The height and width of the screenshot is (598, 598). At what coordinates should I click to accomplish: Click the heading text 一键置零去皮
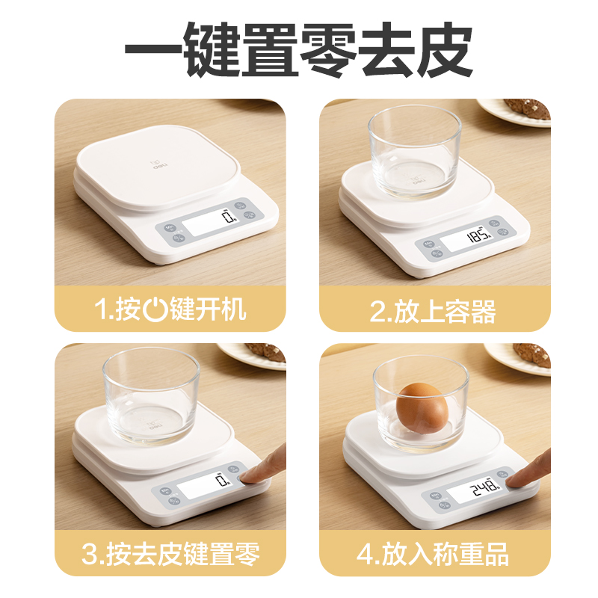point(299,51)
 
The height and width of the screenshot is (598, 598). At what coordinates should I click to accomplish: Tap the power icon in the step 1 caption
point(154,309)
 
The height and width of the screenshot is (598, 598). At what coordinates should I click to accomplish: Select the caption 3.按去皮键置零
point(171,555)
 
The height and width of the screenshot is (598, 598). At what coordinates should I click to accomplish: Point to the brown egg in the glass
point(423,408)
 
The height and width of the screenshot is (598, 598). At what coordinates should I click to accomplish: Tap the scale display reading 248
point(475,490)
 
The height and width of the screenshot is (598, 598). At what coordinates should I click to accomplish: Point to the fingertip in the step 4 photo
point(523,479)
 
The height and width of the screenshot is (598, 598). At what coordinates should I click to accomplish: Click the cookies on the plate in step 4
point(532,354)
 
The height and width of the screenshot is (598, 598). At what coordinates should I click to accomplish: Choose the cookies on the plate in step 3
point(265,351)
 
